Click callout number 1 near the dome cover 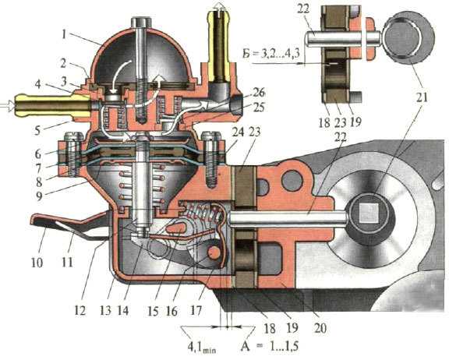pos(64,34)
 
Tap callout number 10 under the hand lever pos(37,262)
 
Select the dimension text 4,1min pos(202,348)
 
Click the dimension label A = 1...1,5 pos(270,346)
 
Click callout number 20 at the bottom pos(320,328)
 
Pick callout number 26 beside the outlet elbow pos(259,94)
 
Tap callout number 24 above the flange pos(238,132)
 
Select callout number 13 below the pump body pos(105,310)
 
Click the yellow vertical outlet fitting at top pos(220,43)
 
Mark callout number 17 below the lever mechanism pos(196,310)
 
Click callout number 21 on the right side pos(422,97)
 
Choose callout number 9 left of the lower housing pos(39,196)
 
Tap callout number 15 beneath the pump pos(153,311)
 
